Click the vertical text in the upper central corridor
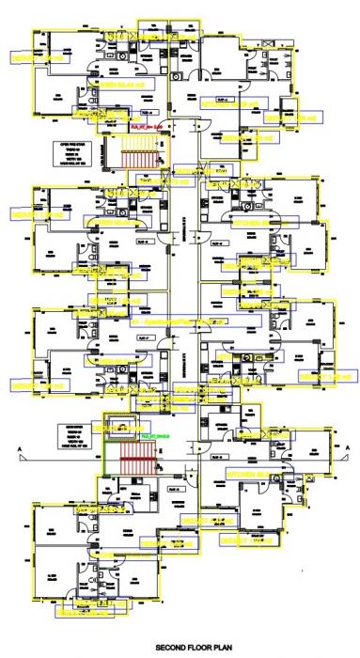pos(184,223)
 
